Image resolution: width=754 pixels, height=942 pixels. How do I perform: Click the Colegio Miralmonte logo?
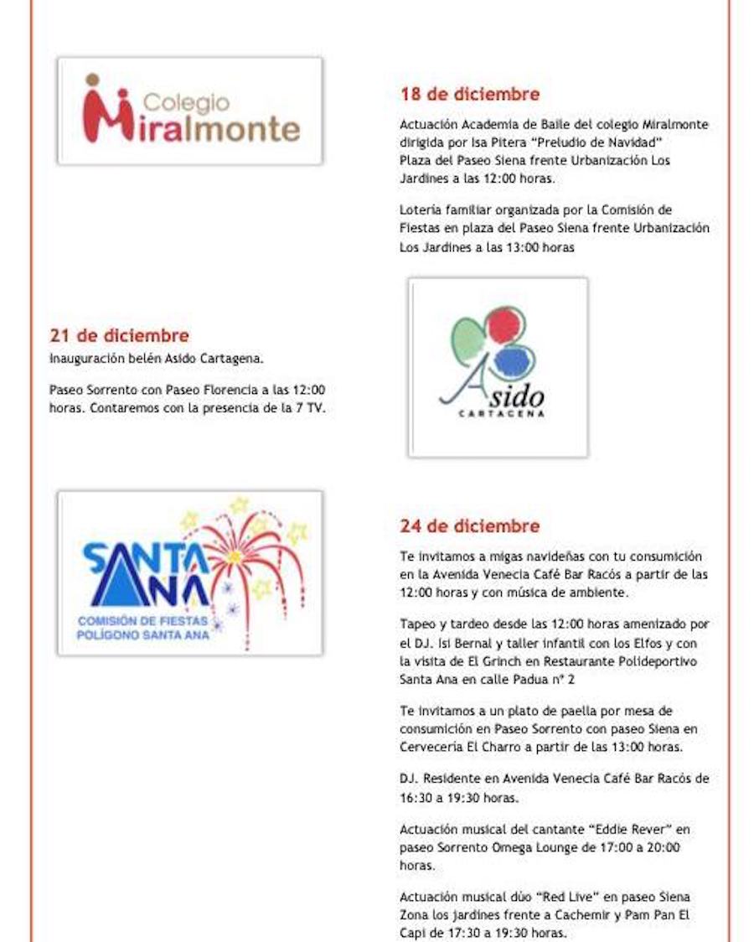pos(190,111)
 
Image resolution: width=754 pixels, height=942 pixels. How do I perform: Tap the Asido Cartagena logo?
pos(498,367)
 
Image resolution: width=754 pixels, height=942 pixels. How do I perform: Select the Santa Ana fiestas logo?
pos(190,572)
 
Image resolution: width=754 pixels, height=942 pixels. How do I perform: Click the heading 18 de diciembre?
pos(469,94)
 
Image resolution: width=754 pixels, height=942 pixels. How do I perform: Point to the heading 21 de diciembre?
pos(119,336)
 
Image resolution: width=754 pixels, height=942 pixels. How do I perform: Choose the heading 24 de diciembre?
pos(469,526)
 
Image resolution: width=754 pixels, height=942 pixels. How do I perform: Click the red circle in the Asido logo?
pos(505,326)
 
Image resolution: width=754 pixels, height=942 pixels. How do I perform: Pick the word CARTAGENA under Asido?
pos(503,413)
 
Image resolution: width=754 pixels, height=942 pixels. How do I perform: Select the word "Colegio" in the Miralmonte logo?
pos(187,102)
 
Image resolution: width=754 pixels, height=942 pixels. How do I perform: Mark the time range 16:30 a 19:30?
pos(459,797)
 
